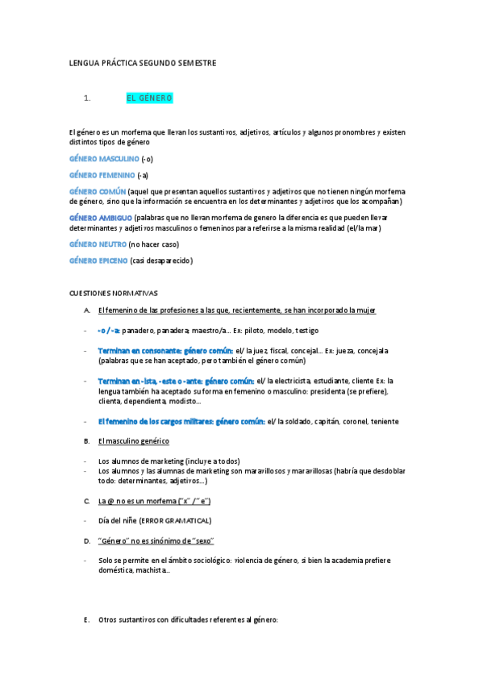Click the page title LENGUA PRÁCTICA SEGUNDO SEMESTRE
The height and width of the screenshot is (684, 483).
[143, 62]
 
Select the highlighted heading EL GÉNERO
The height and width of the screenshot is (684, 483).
[149, 98]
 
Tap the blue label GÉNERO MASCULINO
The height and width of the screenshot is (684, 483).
[104, 159]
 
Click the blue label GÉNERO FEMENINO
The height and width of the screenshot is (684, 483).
[102, 175]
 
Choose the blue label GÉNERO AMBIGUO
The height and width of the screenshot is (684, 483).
[100, 218]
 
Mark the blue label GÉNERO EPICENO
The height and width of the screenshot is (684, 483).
[98, 261]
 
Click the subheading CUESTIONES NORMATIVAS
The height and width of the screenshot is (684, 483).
[114, 293]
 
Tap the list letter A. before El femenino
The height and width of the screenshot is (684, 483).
[87, 311]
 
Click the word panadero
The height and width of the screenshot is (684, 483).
[138, 331]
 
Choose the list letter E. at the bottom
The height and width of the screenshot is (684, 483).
[87, 619]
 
